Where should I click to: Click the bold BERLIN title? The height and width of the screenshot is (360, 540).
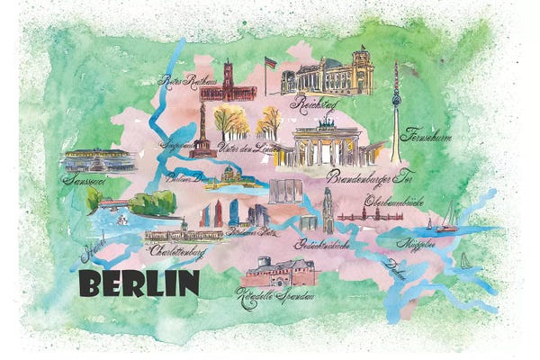(x=139, y=283)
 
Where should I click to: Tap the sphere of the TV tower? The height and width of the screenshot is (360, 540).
(x=395, y=99)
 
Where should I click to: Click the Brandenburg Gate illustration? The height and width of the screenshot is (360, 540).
(x=326, y=144)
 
